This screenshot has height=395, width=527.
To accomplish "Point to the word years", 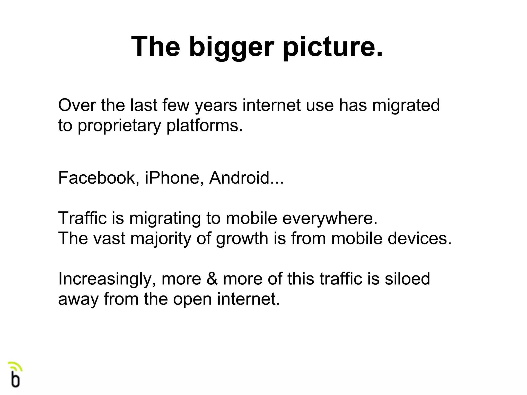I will [216, 106].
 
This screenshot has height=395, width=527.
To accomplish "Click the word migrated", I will [406, 106].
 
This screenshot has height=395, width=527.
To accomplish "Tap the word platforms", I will [205, 126].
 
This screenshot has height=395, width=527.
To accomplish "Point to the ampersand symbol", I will [212, 279].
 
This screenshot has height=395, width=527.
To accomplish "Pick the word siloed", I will [407, 279].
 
